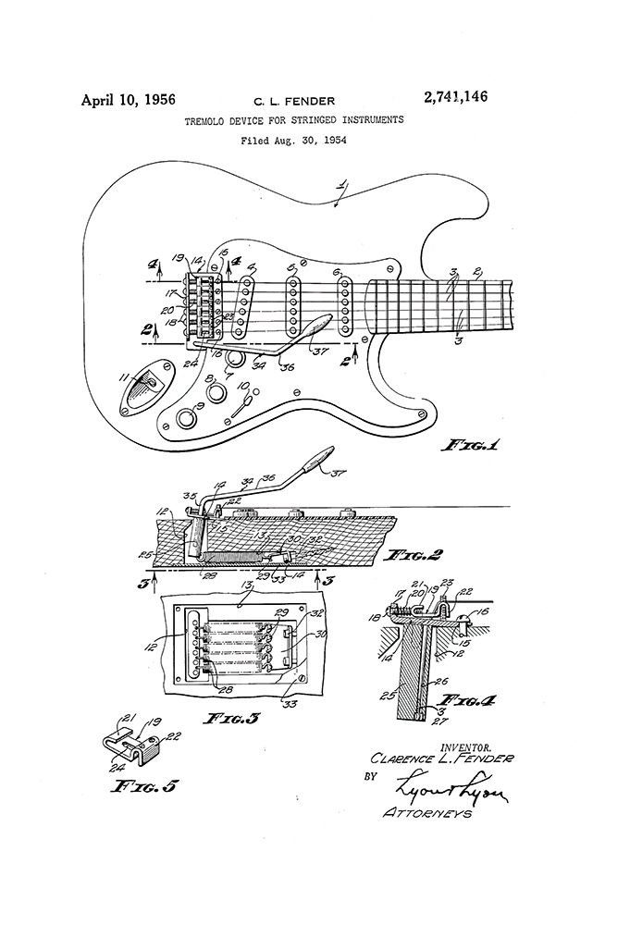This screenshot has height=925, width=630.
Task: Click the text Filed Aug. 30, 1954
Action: click(297, 142)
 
